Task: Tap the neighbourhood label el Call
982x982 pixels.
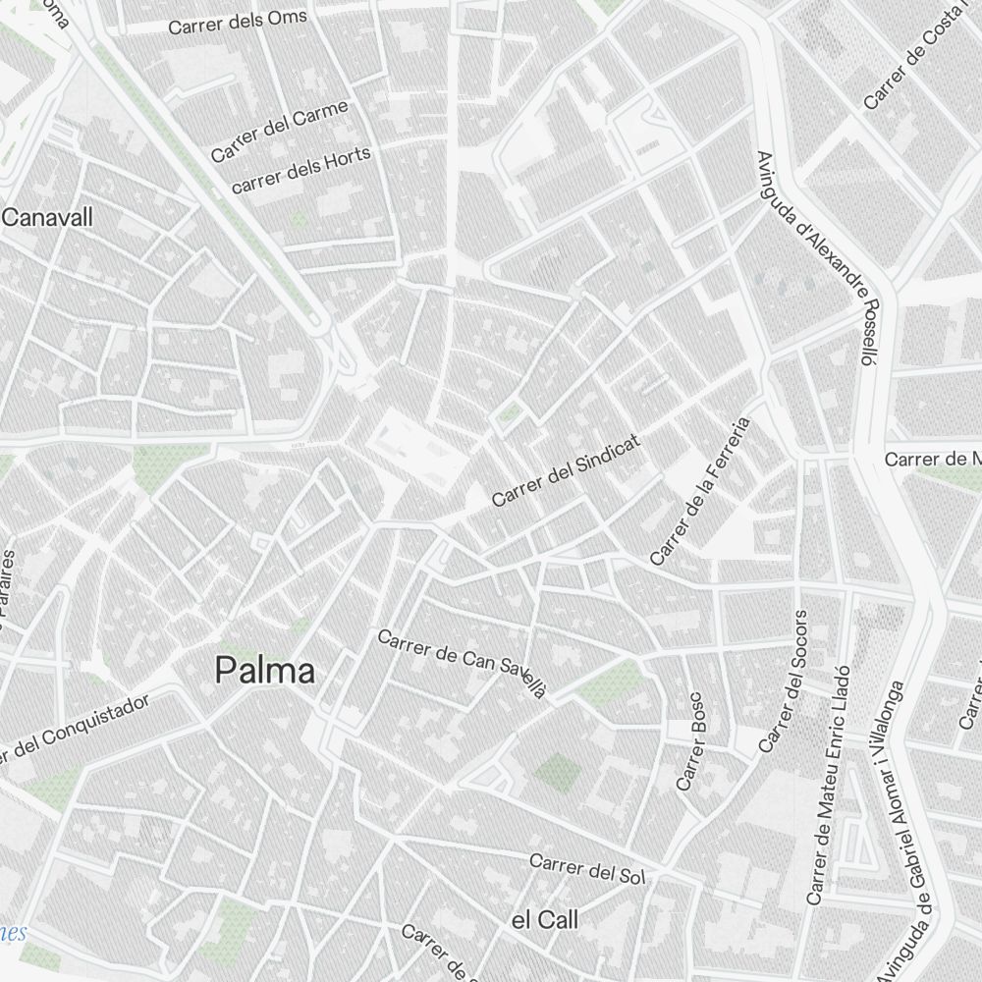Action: (545, 920)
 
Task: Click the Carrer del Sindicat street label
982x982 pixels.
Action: (566, 471)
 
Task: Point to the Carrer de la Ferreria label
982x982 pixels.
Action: (700, 491)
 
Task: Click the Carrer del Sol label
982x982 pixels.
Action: (586, 868)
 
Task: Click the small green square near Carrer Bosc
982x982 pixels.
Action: (557, 772)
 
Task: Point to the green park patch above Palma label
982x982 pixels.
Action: (167, 466)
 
